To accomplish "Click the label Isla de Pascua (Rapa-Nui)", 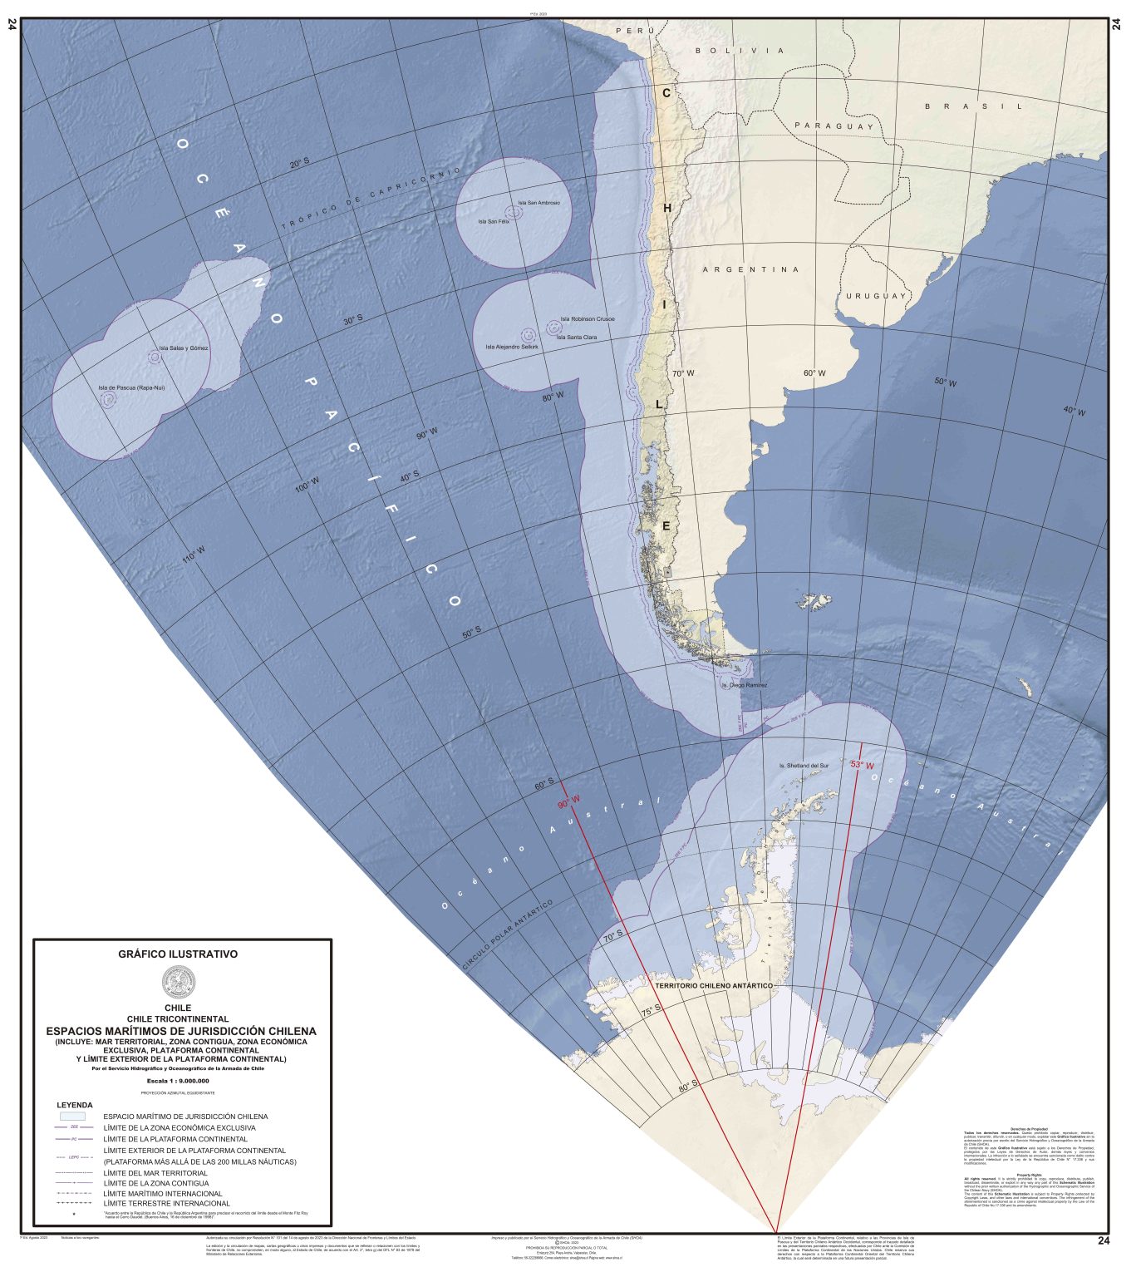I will coord(131,387).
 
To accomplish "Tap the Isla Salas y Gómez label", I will coord(184,348).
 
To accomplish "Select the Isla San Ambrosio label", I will coord(538,203).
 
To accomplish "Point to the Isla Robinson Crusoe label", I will coord(587,319).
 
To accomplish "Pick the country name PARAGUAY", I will coord(834,126).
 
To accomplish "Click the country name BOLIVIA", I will coord(740,51).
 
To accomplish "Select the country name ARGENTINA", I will coord(750,269).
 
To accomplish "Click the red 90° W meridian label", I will coord(569,804).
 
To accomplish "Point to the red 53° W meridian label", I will coord(862,764).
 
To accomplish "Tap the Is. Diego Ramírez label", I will coord(744,686).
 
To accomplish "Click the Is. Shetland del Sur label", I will coord(804,765).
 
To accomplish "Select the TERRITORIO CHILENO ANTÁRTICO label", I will coord(714,985).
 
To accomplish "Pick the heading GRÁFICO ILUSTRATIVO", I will coord(178,954).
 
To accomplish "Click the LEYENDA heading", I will coord(75,1105).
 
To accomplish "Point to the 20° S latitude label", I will coord(299,164).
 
